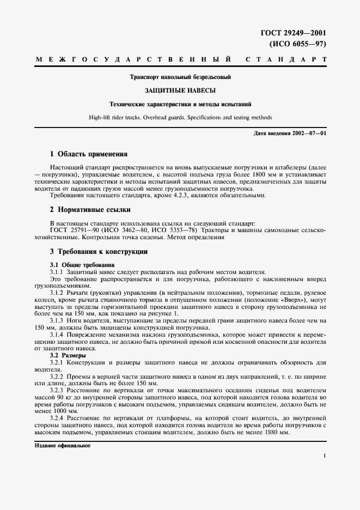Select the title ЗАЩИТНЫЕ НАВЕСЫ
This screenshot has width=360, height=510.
coord(180,90)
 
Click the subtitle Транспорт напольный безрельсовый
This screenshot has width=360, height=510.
coord(180,77)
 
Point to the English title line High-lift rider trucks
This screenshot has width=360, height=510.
coord(180,117)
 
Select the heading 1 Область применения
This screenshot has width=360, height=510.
coord(88,154)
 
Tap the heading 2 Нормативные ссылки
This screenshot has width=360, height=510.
coord(90,209)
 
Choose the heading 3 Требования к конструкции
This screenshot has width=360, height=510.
coord(99,252)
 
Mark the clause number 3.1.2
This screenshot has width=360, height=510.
coord(57,293)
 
